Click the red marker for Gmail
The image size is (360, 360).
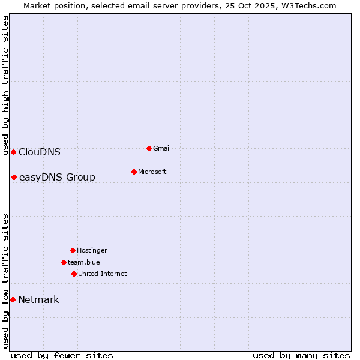tap(149, 148)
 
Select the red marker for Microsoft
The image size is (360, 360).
tap(134, 172)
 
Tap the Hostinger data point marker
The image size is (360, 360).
tap(73, 250)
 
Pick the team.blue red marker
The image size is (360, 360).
tap(64, 262)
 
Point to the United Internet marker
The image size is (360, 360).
tap(74, 274)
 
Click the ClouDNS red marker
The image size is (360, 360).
tap(13, 152)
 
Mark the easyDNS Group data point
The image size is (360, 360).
tap(14, 177)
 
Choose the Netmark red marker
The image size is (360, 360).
tap(13, 299)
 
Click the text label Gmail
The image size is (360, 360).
tap(162, 148)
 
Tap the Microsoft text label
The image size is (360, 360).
tap(152, 172)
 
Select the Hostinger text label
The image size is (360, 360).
tap(92, 250)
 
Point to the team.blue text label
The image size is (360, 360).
tap(84, 262)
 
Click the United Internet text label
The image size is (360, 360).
tap(103, 274)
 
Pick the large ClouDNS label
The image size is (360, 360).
tap(40, 152)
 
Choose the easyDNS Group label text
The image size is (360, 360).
tap(57, 177)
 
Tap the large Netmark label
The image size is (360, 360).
tap(38, 299)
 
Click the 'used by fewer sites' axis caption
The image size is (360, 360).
tap(62, 355)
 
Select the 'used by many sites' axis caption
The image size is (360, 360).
tap(301, 355)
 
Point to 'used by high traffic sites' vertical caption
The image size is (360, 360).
tap(5, 85)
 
